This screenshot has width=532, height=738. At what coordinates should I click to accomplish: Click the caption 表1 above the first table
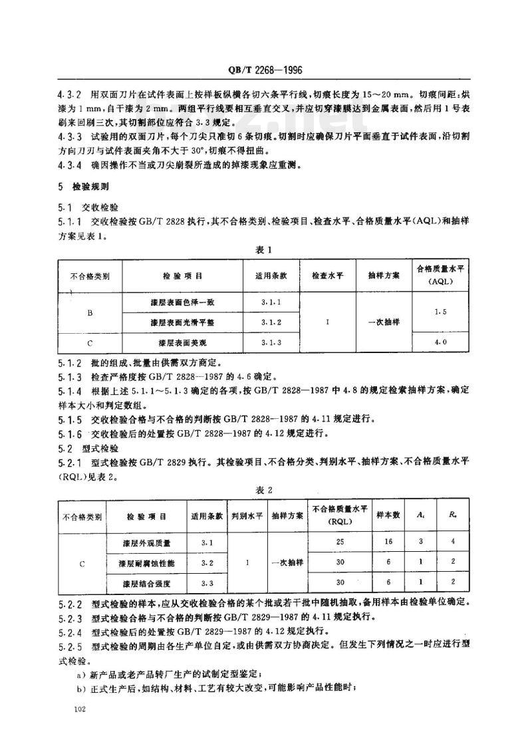click(265, 250)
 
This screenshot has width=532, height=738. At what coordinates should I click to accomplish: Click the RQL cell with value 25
click(339, 542)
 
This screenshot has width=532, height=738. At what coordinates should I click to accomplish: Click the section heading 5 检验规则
click(90, 187)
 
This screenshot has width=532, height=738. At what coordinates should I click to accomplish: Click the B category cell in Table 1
click(90, 311)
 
